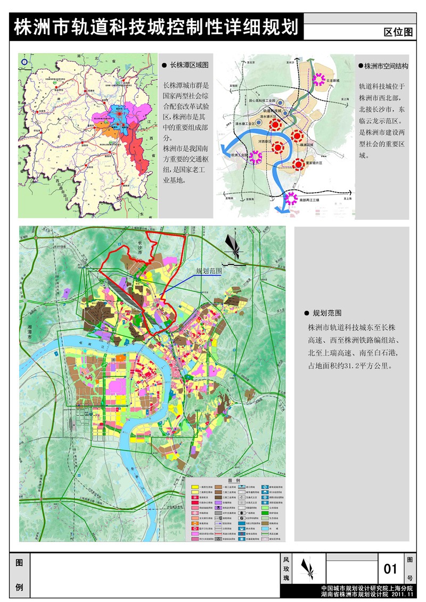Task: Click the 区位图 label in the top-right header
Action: (x=398, y=31)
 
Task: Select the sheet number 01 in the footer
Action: (x=390, y=569)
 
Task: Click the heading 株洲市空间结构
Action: (x=386, y=67)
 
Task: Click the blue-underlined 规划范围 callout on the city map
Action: (x=208, y=270)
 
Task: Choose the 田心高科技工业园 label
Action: (x=261, y=100)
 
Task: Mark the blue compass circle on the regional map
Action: (x=24, y=62)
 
